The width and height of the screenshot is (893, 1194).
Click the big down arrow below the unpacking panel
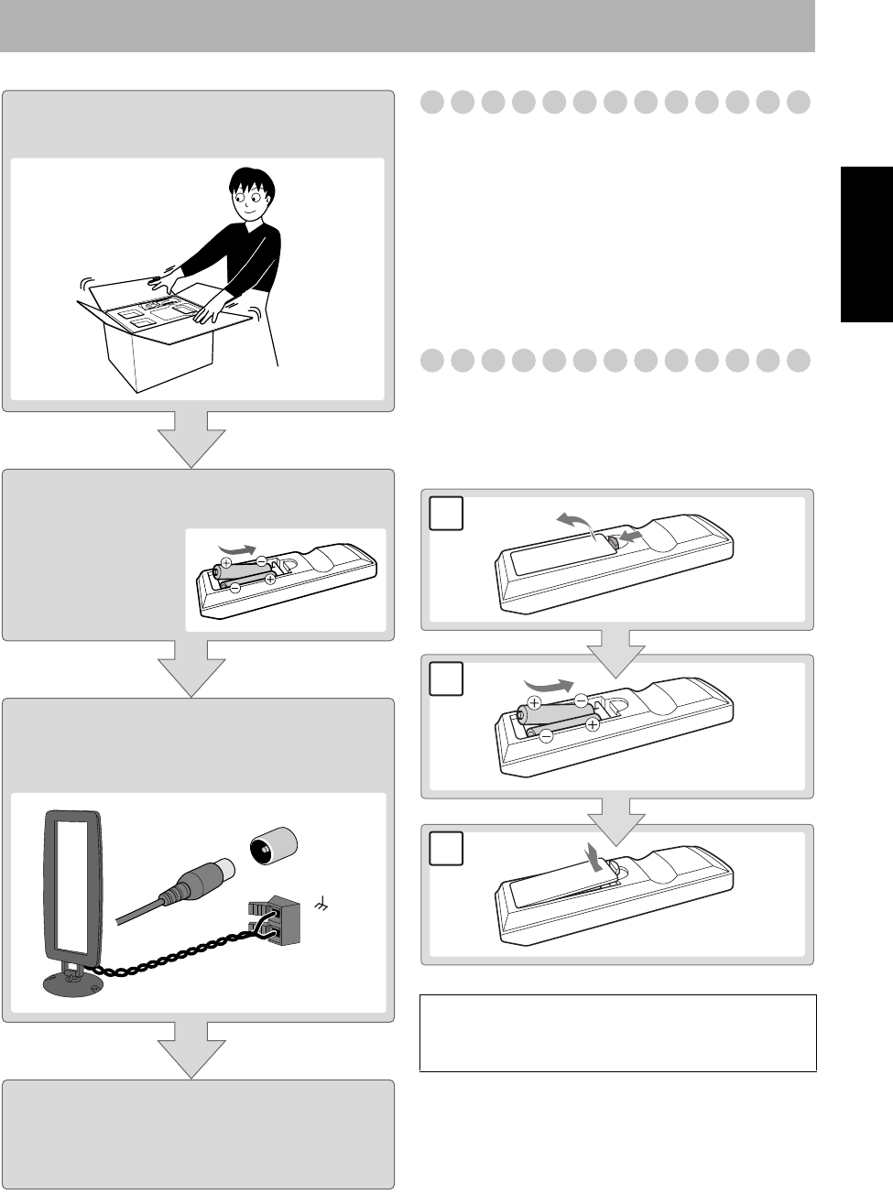click(191, 439)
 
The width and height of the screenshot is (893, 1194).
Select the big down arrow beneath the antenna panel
click(191, 1051)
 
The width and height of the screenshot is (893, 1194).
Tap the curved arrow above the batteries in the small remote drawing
click(237, 548)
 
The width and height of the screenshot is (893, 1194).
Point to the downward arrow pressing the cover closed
click(595, 859)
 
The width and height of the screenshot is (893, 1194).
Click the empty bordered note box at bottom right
click(617, 1033)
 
